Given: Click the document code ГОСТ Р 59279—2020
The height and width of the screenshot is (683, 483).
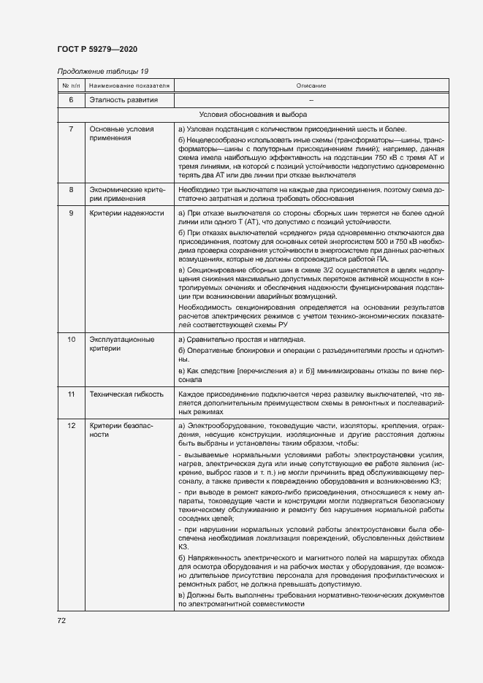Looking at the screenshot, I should (x=96, y=48).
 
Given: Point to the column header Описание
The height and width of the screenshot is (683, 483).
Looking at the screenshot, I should (x=311, y=85).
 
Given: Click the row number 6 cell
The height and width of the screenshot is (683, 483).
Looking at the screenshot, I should (x=71, y=99).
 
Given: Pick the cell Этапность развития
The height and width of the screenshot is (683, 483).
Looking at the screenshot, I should (x=123, y=99).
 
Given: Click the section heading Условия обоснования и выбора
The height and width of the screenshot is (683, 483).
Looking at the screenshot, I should (x=253, y=115).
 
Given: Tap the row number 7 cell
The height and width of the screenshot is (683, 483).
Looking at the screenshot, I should (x=71, y=129).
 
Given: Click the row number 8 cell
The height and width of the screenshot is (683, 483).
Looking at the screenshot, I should (x=71, y=190).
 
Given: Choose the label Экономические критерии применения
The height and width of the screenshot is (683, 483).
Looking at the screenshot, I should (x=126, y=194).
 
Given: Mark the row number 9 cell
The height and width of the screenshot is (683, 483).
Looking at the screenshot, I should (x=71, y=213).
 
